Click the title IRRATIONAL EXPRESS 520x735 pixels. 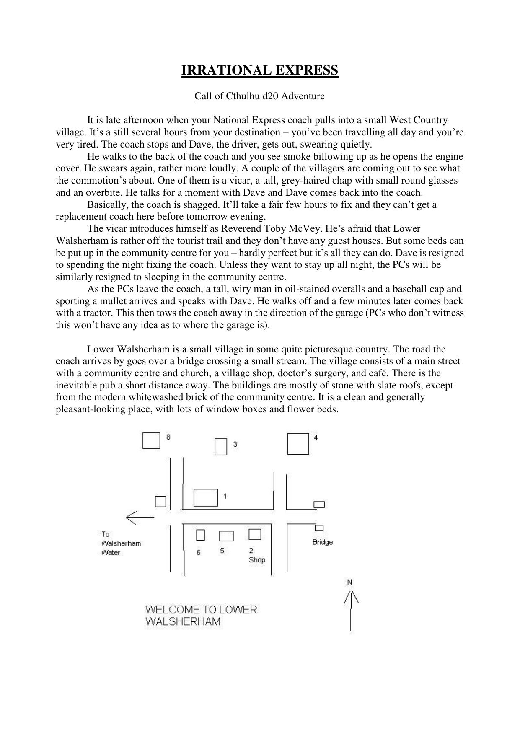(x=259, y=70)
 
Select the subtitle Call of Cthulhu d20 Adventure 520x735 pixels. (x=259, y=96)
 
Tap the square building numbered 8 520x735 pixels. (x=151, y=440)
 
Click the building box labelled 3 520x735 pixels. (x=220, y=447)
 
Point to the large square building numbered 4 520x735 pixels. (x=298, y=444)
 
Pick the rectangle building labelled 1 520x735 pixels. (x=205, y=497)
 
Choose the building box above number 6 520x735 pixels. (x=200, y=535)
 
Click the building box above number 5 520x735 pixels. (x=226, y=536)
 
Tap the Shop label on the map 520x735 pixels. (x=257, y=560)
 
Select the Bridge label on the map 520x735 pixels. (x=322, y=542)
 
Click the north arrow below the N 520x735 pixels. (x=351, y=610)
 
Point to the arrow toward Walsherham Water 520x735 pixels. (x=140, y=518)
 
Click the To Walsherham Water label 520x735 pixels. (x=121, y=543)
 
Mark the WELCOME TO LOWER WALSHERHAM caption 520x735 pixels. (x=201, y=616)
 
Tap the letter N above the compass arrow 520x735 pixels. (x=349, y=582)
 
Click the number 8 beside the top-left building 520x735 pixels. (x=168, y=437)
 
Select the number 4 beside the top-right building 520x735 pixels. (x=316, y=438)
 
